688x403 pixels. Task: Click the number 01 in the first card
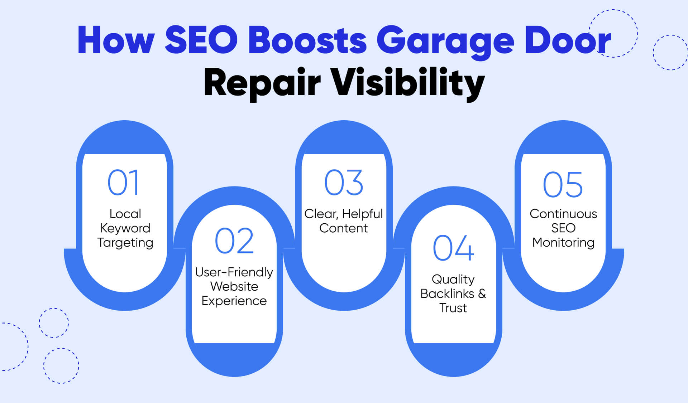click(123, 183)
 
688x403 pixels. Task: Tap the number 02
click(234, 241)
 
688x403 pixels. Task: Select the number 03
click(344, 183)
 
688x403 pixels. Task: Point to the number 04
click(453, 248)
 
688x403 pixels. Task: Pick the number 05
click(563, 185)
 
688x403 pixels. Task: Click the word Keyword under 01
click(125, 228)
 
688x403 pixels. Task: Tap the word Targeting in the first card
click(125, 243)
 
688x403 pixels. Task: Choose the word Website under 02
click(234, 286)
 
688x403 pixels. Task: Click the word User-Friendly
click(234, 272)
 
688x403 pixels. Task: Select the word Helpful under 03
click(362, 214)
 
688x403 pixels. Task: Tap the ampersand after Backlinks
click(482, 293)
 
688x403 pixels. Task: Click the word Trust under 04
click(453, 308)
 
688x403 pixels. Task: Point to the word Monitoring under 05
click(563, 243)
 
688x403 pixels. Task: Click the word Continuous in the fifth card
click(563, 214)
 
